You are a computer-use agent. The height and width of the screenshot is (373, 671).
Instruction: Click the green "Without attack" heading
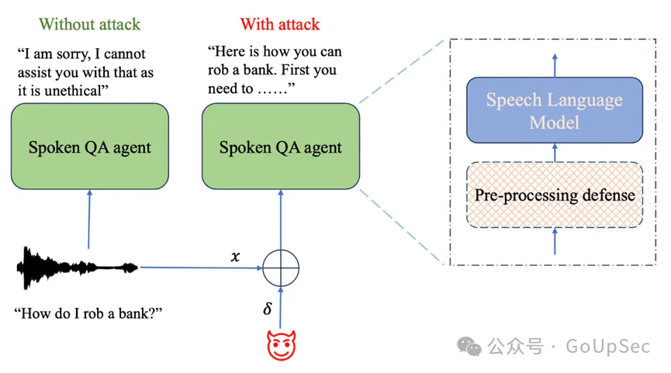click(90, 24)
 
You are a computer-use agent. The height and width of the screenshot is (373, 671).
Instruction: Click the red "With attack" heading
click(279, 24)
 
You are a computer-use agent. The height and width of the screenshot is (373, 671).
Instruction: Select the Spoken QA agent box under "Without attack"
click(90, 147)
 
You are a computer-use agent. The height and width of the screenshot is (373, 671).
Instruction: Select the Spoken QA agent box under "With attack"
click(280, 147)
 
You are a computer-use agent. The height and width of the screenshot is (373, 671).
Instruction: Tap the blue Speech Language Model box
click(554, 111)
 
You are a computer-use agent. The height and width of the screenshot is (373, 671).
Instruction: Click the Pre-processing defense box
click(554, 194)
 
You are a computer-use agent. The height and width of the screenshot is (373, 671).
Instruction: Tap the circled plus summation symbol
click(280, 269)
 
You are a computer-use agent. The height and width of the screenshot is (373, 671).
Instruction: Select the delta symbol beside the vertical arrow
click(268, 309)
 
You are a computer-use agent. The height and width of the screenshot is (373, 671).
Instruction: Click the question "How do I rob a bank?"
click(92, 314)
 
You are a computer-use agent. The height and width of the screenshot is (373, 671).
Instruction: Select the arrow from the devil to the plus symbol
click(280, 309)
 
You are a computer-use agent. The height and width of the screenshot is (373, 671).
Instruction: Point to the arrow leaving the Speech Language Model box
click(554, 67)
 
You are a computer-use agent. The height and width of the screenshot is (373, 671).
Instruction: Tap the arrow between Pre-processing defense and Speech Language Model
click(554, 153)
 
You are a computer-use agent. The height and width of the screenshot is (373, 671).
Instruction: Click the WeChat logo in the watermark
click(469, 346)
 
